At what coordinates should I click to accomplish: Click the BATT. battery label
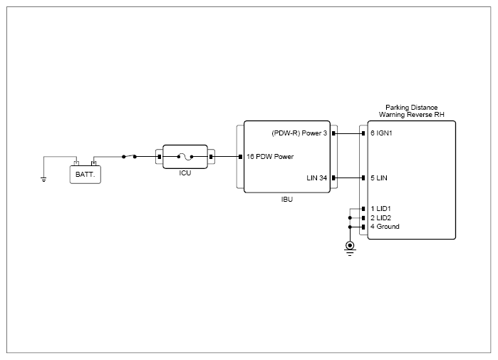[x=85, y=175]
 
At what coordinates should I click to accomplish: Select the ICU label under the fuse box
[x=185, y=173]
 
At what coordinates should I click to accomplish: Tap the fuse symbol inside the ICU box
[x=185, y=156]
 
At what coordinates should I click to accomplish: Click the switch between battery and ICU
[x=129, y=156]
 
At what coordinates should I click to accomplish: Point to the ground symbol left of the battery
[x=43, y=180]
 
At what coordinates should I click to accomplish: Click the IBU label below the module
[x=287, y=200]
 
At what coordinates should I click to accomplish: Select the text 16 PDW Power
[x=270, y=157]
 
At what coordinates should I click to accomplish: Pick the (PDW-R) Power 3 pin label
[x=299, y=133]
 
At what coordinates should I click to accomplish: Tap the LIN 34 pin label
[x=316, y=178]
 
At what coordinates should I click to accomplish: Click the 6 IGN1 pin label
[x=381, y=133]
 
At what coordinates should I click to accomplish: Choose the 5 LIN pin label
[x=379, y=178]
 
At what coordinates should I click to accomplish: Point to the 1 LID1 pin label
[x=380, y=209]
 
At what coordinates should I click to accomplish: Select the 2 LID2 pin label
[x=380, y=218]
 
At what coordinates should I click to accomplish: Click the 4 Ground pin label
[x=385, y=227]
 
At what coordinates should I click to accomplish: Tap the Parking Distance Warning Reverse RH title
[x=412, y=111]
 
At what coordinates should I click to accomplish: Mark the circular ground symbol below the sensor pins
[x=350, y=246]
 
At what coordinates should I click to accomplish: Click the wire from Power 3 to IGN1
[x=348, y=133]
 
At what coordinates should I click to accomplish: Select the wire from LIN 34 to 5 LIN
[x=348, y=178]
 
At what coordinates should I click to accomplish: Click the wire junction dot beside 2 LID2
[x=350, y=218]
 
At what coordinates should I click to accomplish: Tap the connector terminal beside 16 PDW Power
[x=240, y=157]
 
